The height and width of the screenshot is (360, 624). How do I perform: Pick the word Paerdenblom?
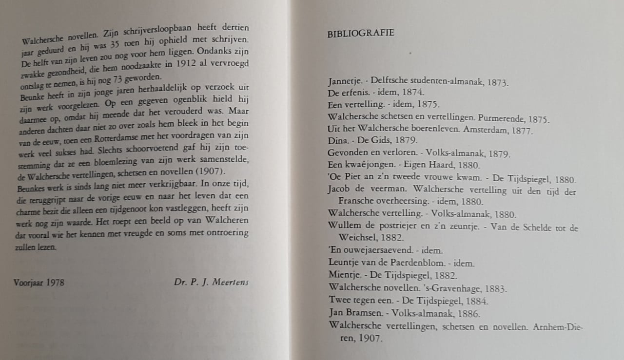pyautogui.click(x=401, y=263)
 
